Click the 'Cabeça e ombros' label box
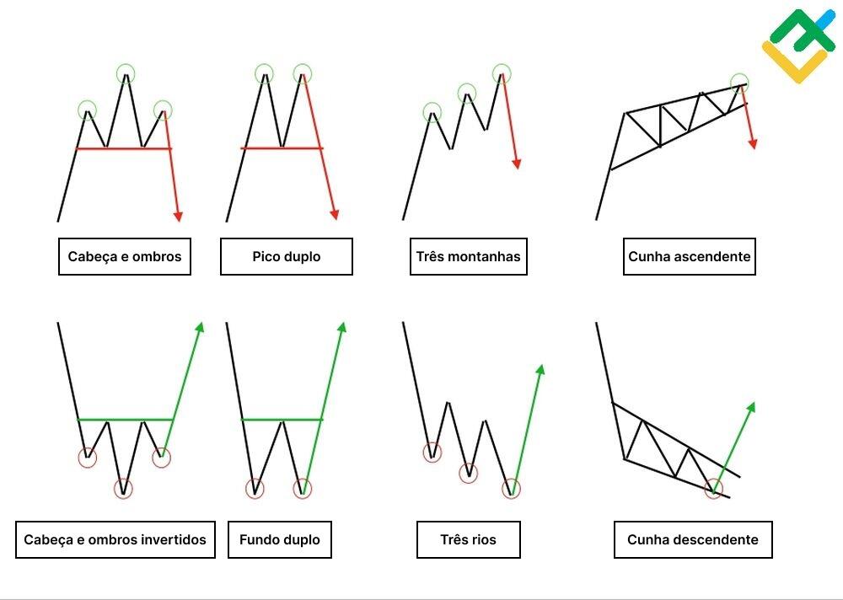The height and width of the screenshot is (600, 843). click(x=125, y=256)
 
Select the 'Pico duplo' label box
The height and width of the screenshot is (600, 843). click(x=286, y=256)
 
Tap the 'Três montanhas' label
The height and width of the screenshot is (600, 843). click(x=468, y=256)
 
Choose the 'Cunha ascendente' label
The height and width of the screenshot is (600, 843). click(x=689, y=256)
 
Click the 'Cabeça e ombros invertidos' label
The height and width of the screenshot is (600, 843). click(x=115, y=539)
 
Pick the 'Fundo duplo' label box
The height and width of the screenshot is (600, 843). click(x=279, y=539)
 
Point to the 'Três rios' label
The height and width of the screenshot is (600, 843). click(x=468, y=539)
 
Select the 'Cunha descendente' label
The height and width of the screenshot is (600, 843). click(x=692, y=539)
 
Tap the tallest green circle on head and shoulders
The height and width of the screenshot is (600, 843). click(x=126, y=72)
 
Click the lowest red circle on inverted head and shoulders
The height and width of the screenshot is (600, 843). click(x=124, y=488)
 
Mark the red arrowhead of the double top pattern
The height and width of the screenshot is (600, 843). click(x=335, y=214)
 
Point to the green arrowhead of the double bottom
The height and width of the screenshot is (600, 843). click(x=342, y=328)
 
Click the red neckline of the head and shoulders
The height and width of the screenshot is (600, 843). click(x=124, y=148)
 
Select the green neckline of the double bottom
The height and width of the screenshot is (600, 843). click(x=282, y=419)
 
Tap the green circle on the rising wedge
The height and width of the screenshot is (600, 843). click(x=739, y=83)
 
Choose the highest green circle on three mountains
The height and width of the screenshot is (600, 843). click(x=502, y=72)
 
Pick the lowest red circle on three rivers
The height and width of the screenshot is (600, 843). click(x=511, y=488)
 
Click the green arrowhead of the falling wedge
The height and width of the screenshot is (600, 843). click(x=750, y=408)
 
